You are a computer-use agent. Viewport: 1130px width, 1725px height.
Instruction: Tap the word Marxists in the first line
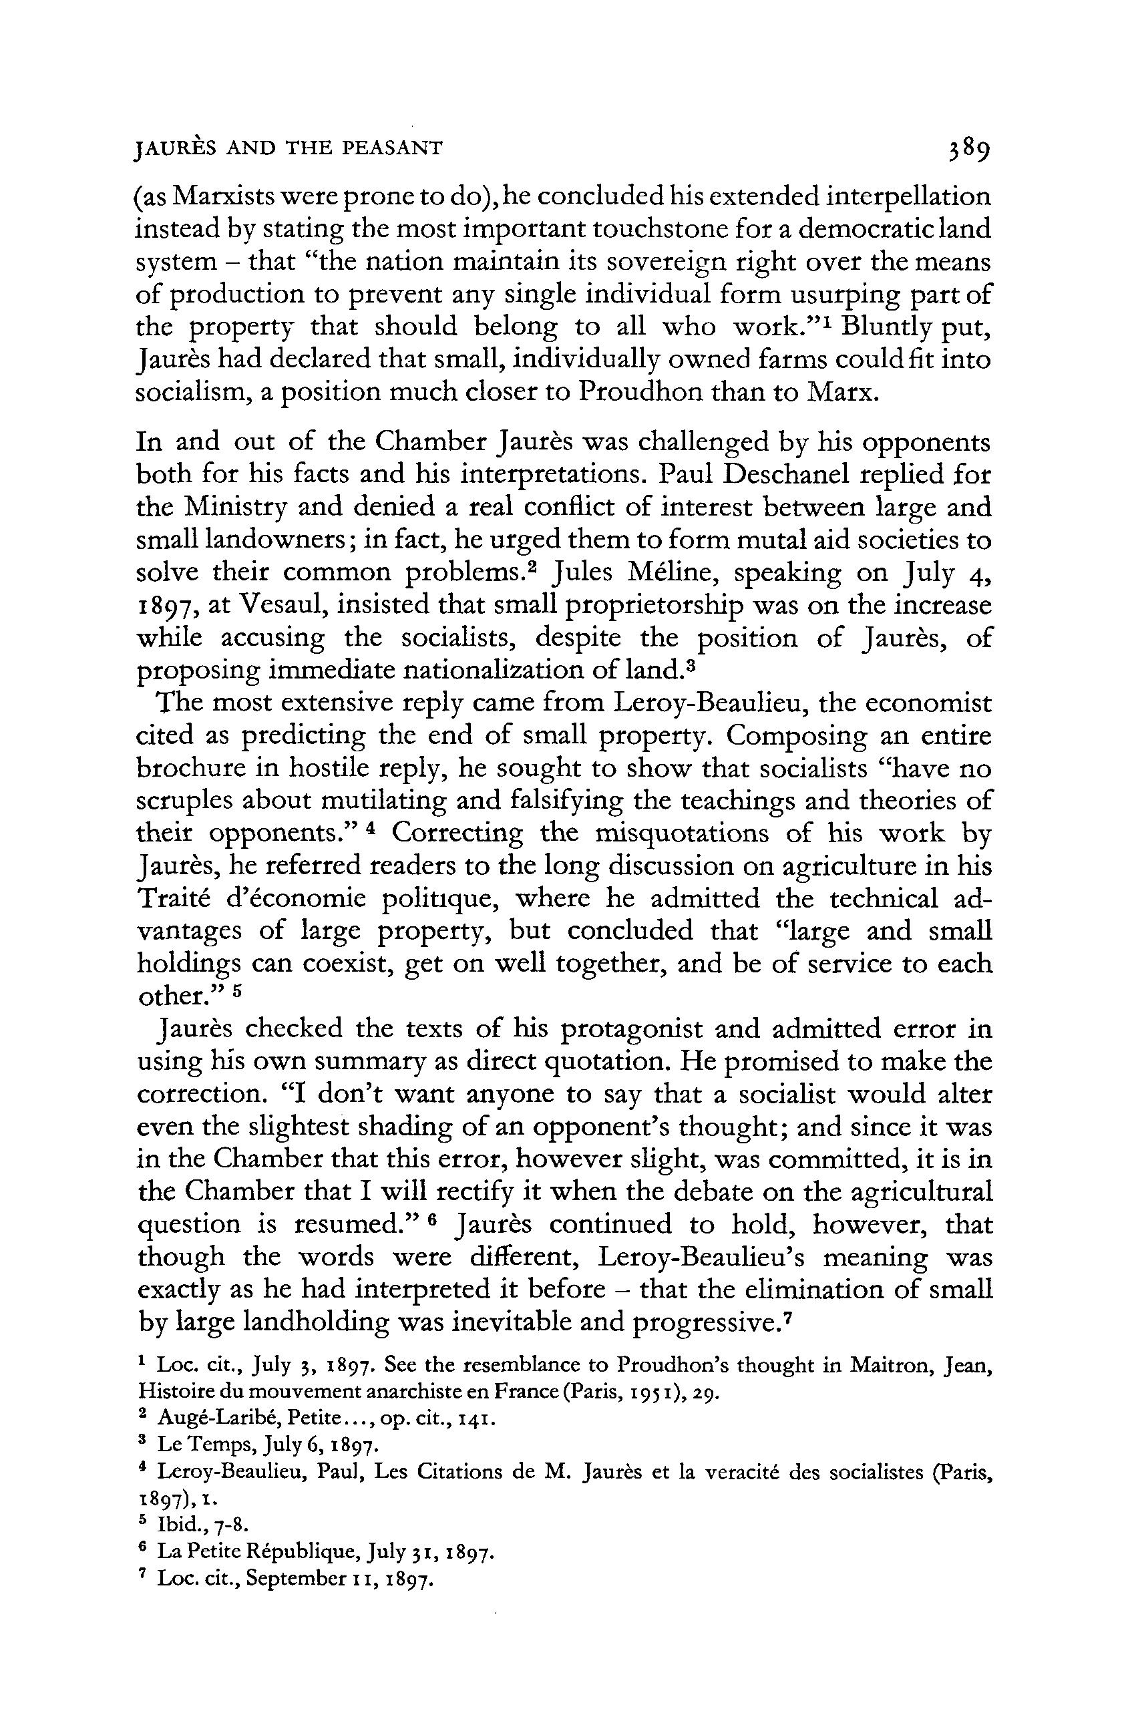click(x=230, y=197)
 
